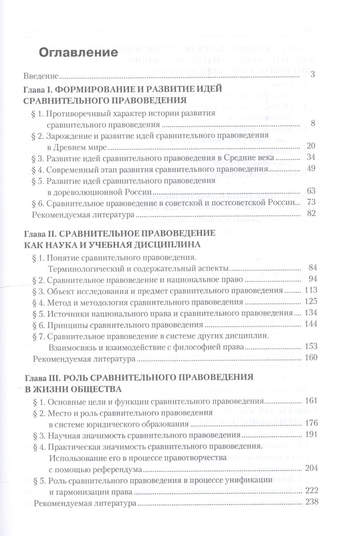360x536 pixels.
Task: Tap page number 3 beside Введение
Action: tap(313, 74)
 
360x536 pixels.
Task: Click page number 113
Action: tap(310, 290)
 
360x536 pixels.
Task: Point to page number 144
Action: tap(310, 324)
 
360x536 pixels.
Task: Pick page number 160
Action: tap(310, 358)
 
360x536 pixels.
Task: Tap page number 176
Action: tap(310, 423)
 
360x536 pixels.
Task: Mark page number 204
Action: tap(310, 469)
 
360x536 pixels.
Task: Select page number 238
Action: tap(310, 502)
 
